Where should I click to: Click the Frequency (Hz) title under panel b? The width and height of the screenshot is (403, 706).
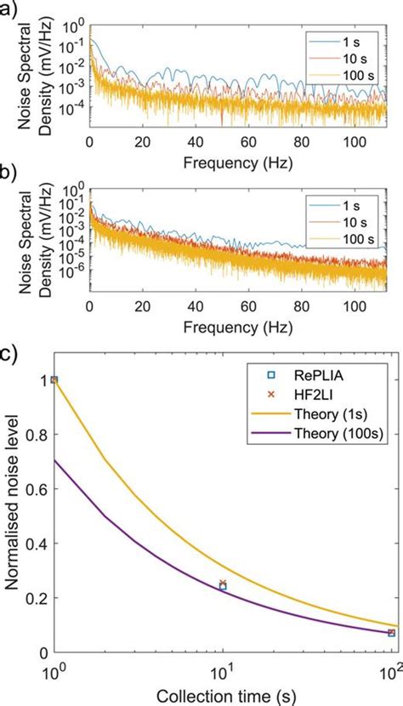coord(224,325)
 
